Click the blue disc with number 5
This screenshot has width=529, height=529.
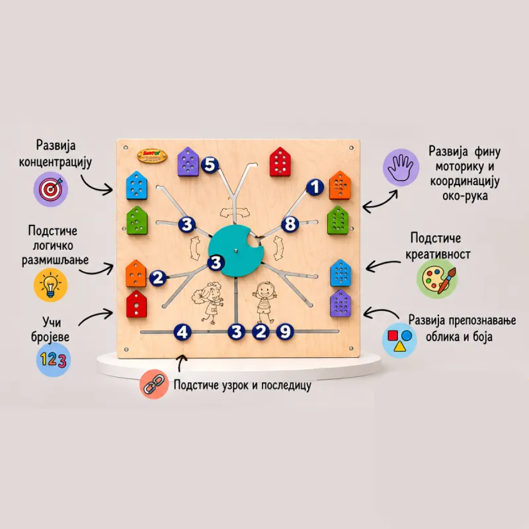pos(210,165)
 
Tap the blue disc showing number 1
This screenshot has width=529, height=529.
pos(315,187)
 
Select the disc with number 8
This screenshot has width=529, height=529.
pos(290,224)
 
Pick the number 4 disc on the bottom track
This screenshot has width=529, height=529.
pos(183,332)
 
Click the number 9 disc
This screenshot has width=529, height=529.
pos(285,332)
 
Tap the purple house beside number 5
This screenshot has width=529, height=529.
pos(188,161)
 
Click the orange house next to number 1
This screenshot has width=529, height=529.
pos(340,185)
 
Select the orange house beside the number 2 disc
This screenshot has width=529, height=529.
pos(136,273)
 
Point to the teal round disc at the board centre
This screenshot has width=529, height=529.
pos(235,251)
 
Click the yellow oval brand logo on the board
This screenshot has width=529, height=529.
pos(152,156)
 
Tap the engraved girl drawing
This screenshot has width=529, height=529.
pos(208,303)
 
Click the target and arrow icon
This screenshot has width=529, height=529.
pos(51,189)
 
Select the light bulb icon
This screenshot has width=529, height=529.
pos(51,285)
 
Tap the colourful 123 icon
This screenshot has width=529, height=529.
pos(54,360)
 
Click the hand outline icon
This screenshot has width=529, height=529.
pos(401,168)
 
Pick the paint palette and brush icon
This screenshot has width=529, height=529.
pos(437,278)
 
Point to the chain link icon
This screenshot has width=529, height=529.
pos(154,384)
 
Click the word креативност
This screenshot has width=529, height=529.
pos(438,254)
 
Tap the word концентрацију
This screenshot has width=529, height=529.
pos(56,163)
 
